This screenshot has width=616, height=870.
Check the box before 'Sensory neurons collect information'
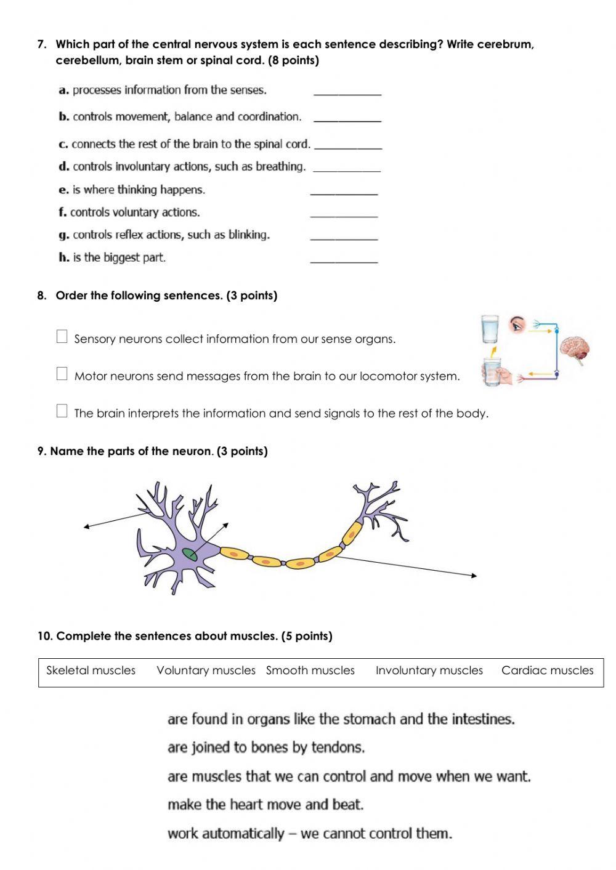(62, 336)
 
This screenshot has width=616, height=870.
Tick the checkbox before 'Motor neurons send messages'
(62, 374)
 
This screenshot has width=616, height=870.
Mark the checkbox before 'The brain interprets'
(62, 411)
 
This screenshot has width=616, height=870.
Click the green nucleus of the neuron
(190, 554)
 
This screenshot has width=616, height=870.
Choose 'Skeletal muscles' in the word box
(91, 671)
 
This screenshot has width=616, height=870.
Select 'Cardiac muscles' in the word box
(547, 671)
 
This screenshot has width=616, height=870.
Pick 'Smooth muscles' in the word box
(310, 671)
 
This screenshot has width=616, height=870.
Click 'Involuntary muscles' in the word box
(429, 671)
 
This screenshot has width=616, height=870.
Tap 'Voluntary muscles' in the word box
(206, 671)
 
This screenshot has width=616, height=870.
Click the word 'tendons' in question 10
(338, 747)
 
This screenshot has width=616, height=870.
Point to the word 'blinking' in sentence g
(249, 235)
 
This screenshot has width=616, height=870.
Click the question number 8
(41, 296)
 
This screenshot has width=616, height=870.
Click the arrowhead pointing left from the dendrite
(86, 526)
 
